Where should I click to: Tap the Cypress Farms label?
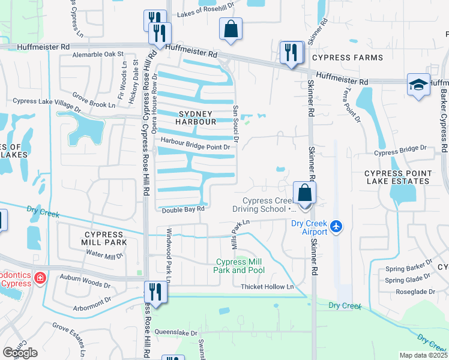pos(347,58)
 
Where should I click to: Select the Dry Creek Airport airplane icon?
pos(336,227)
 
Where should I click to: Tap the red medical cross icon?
pos(40,278)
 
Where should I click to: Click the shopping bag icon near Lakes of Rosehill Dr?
pos(230,29)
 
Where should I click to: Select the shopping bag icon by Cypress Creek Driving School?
pos(304,194)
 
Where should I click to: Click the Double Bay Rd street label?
pos(183,209)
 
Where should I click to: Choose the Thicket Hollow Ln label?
pos(267,287)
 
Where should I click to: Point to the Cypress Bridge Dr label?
pos(399,152)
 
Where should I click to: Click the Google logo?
pos(20,353)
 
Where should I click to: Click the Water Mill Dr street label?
pos(104,254)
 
